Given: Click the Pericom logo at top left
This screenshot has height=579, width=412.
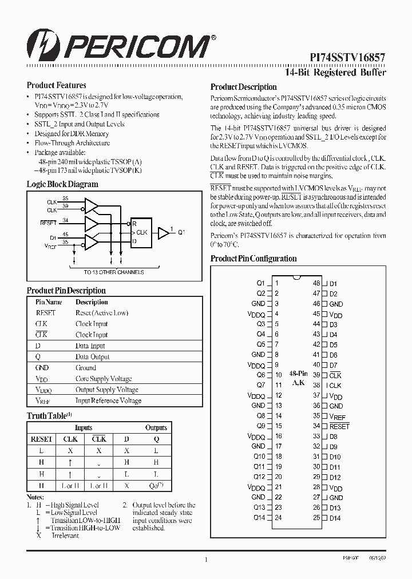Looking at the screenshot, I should (121, 44).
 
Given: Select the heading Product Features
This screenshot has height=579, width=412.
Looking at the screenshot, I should (57, 85).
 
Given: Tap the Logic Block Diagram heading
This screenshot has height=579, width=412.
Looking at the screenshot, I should (62, 184).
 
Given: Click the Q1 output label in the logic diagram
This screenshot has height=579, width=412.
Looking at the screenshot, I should (181, 232).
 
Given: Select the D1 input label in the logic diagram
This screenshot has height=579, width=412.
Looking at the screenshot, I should (53, 236).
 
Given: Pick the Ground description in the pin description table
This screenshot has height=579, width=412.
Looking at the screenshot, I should (86, 368).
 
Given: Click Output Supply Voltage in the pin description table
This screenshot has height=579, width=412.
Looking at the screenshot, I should (107, 390).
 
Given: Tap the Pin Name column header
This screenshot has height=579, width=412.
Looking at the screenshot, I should (49, 302).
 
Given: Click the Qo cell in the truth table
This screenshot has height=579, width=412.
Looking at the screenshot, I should (156, 486).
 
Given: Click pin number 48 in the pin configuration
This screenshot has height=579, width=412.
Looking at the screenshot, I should (316, 283).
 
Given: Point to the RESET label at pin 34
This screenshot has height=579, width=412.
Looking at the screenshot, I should (339, 426).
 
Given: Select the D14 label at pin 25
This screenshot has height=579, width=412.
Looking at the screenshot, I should (335, 518).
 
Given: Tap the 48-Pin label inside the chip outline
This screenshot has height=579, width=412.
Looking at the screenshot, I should (298, 372).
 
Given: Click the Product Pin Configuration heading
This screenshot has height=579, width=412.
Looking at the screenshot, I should (253, 259).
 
